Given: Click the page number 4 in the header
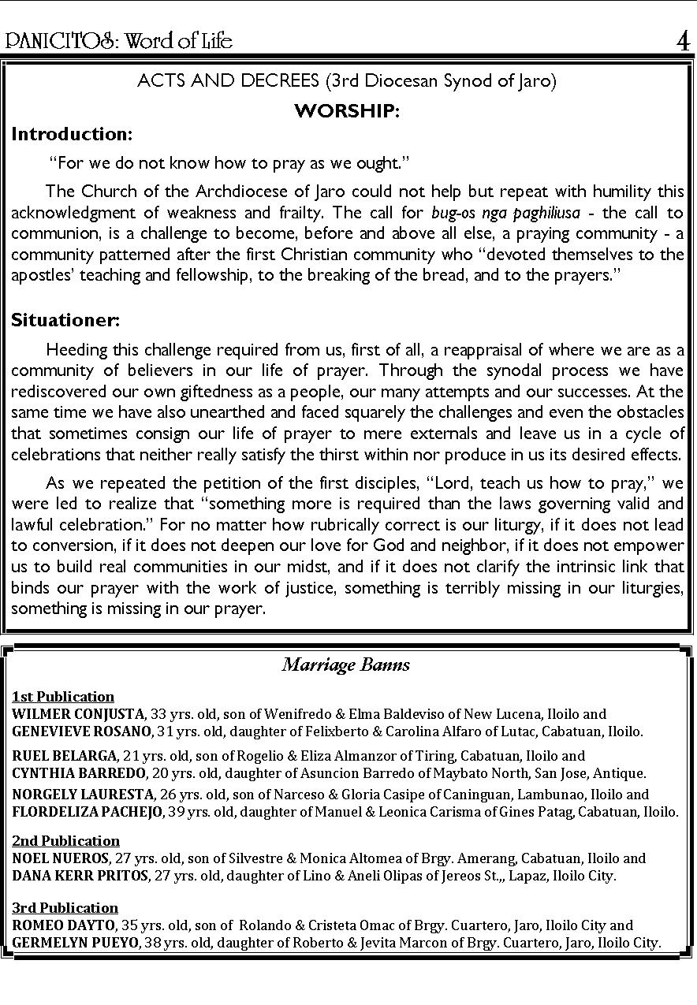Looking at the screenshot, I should coord(683,40).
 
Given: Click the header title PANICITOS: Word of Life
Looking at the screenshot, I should coord(120,40).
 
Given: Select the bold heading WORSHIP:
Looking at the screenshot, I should coord(347,111).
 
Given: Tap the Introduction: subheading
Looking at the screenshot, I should coord(72,134).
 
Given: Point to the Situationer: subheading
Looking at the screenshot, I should coord(65,321).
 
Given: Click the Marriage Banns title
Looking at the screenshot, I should coord(346,664).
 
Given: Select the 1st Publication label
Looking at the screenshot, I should coord(63,696).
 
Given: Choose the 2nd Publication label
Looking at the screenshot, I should coord(66,840).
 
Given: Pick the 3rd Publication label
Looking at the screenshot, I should coord(65,907).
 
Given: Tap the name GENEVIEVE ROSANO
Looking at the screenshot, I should coord(81,731).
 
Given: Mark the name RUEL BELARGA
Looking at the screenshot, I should coord(65,756).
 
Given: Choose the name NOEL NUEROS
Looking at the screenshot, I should coord(61,858).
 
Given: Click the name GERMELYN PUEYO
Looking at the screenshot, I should coord(77,942).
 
